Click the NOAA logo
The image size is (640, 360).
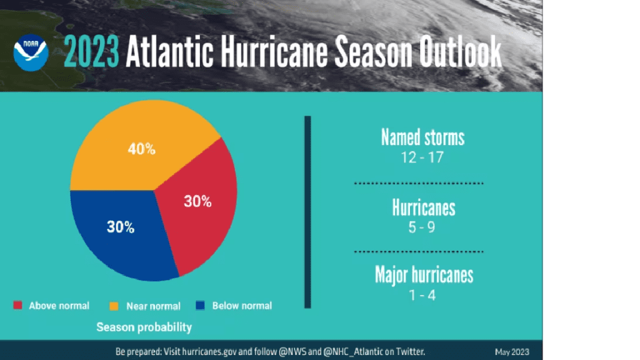[31, 52]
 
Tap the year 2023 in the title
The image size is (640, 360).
[91, 52]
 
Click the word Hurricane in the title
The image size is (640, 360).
[274, 51]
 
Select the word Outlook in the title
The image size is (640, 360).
[460, 51]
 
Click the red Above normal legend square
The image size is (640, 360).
[18, 305]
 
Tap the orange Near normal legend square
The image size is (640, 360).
[114, 306]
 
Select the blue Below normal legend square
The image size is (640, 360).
[200, 305]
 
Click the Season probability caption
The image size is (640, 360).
[144, 327]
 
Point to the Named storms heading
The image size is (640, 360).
[423, 137]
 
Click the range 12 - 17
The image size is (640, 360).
[422, 157]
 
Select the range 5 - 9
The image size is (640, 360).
[422, 227]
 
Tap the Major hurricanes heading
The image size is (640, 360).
[424, 275]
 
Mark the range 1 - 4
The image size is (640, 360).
[422, 295]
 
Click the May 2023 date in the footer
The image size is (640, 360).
[512, 352]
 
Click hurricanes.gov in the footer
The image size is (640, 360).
[209, 351]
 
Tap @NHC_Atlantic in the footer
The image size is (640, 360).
[353, 351]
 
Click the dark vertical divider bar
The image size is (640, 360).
[307, 212]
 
